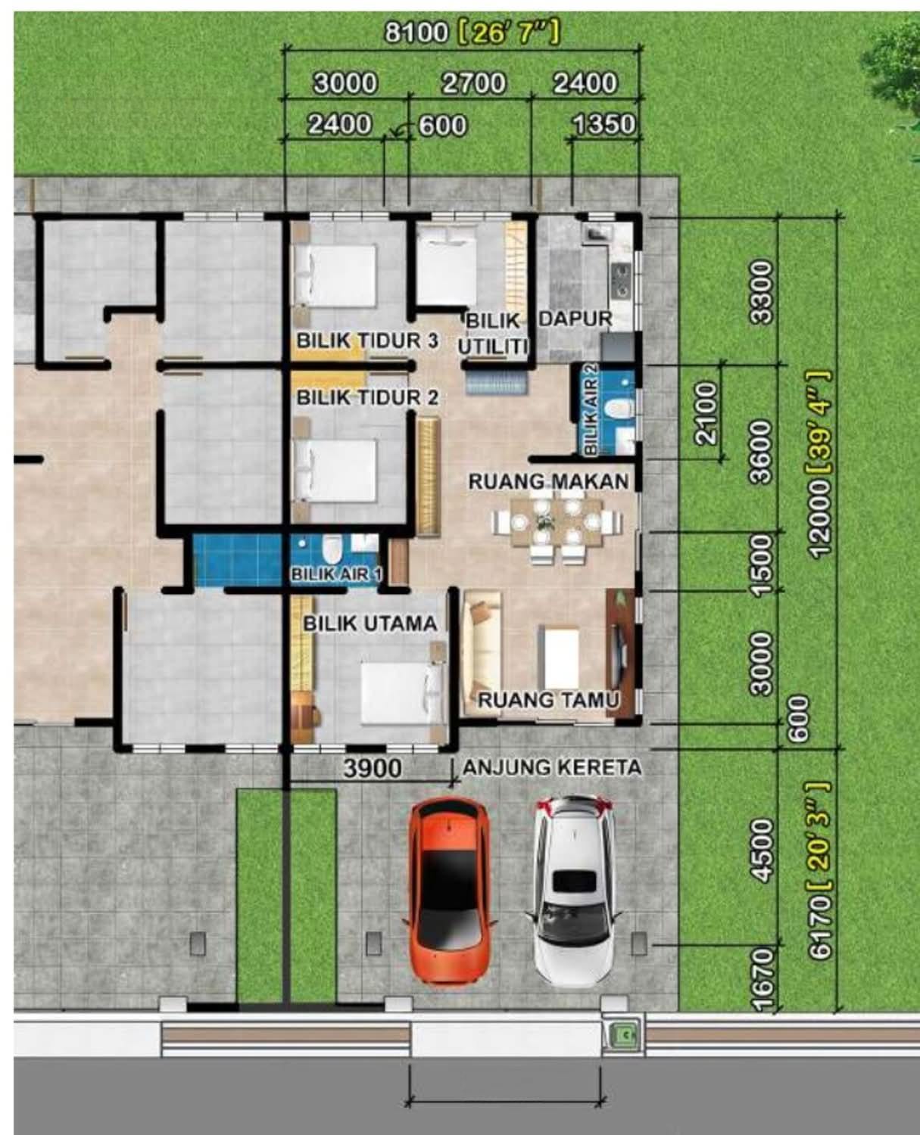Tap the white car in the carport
click(x=573, y=891)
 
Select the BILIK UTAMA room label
click(x=370, y=623)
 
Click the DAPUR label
click(x=576, y=319)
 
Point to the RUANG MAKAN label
click(x=549, y=481)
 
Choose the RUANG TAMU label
click(x=548, y=700)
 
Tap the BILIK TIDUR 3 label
click(x=367, y=340)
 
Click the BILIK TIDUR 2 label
click(x=367, y=397)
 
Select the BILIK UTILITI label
click(x=494, y=334)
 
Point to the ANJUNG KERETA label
click(x=552, y=767)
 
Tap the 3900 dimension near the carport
click(x=373, y=768)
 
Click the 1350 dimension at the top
click(x=604, y=125)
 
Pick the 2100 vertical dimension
click(x=708, y=412)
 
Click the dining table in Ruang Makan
click(x=557, y=522)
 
